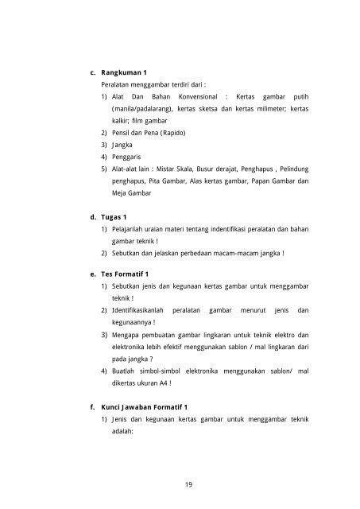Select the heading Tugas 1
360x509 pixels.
[115, 216]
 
